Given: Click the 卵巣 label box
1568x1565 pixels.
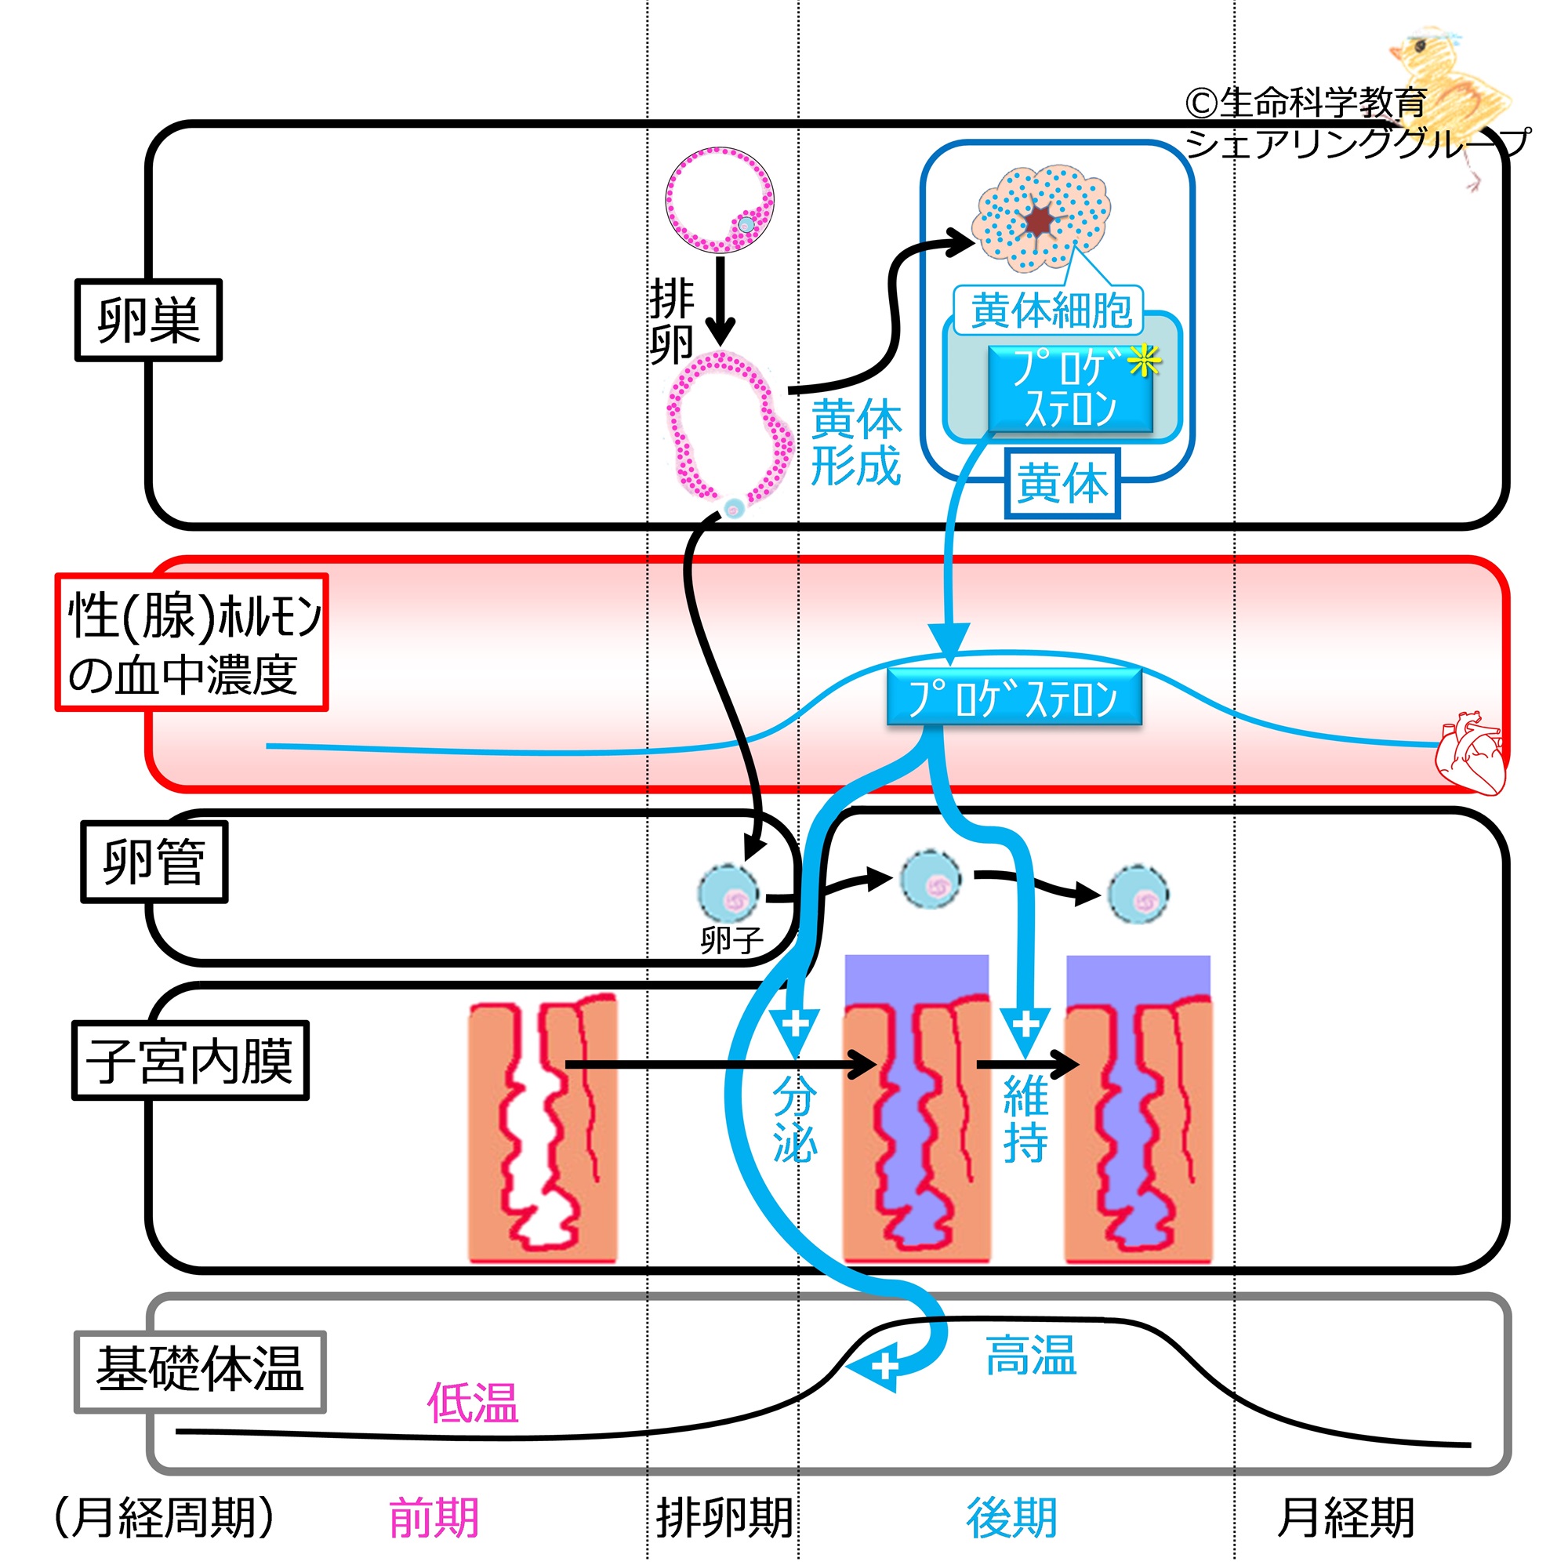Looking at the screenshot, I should click(x=148, y=320).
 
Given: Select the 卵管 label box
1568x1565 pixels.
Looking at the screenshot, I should click(x=154, y=861).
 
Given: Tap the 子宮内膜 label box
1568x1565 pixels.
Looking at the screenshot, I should click(x=191, y=1060).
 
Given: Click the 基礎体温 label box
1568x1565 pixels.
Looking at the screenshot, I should click(x=200, y=1372).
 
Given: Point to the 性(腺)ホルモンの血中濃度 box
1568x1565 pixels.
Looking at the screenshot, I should click(x=191, y=642).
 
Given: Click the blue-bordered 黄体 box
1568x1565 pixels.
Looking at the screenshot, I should click(x=1062, y=484).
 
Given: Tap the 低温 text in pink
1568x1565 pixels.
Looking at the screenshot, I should click(x=472, y=1403).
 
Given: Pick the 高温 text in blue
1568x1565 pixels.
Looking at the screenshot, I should click(x=1030, y=1356).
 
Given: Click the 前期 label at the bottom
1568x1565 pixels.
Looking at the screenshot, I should click(x=434, y=1518).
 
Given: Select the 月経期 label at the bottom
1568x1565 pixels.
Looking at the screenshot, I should click(x=1345, y=1518).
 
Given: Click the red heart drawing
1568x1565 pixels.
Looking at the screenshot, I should click(x=1469, y=751).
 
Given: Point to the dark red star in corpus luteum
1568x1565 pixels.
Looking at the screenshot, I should click(x=1040, y=220).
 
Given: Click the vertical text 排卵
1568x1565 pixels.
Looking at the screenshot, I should click(x=671, y=321).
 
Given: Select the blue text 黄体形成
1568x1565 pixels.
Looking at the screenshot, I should click(x=855, y=442).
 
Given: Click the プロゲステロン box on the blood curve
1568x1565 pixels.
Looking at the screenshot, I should click(x=1014, y=697).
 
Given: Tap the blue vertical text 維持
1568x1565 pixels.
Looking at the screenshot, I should click(x=1025, y=1120).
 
